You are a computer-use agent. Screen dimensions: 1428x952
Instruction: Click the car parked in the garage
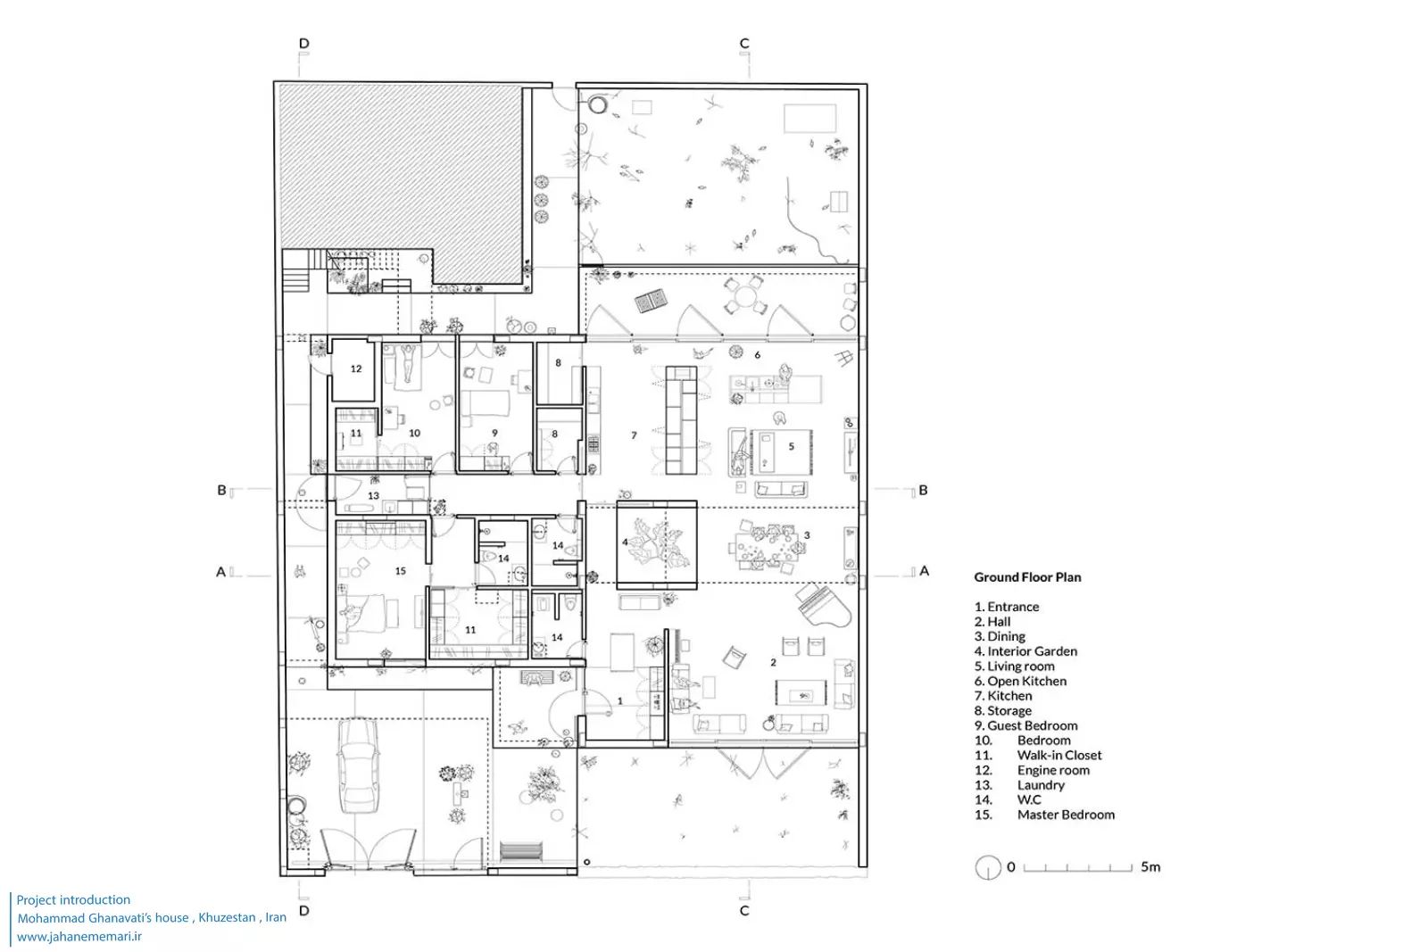358,766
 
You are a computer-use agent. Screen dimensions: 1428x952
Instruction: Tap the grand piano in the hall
823,605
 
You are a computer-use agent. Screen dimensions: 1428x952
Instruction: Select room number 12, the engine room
353,370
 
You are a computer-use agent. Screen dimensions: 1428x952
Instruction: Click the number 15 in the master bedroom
401,571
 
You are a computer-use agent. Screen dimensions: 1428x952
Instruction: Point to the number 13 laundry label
374,495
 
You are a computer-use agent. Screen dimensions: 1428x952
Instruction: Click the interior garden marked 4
657,544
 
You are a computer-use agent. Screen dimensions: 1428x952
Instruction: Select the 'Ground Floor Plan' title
1027,577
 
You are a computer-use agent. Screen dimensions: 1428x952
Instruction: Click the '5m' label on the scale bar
1150,866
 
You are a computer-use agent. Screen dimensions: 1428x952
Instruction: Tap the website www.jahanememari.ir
79,936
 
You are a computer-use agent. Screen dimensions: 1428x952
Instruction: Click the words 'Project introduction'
73,899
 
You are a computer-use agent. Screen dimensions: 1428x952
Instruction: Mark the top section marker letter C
744,44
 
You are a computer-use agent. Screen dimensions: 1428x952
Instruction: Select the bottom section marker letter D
304,911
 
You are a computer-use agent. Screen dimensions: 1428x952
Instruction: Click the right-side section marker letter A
925,571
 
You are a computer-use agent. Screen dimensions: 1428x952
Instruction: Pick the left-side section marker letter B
221,490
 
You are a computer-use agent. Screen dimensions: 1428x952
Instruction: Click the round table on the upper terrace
744,296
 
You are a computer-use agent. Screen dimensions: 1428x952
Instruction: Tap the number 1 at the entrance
619,701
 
